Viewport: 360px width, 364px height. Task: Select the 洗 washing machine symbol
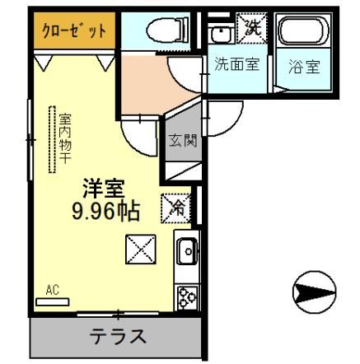(250, 30)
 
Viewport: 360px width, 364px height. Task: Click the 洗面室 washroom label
(236, 65)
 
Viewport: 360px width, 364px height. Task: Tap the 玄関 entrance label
(184, 140)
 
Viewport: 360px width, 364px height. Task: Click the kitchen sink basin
(186, 249)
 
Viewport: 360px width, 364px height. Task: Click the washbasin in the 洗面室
(220, 33)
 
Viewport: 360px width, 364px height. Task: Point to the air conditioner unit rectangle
(54, 301)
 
